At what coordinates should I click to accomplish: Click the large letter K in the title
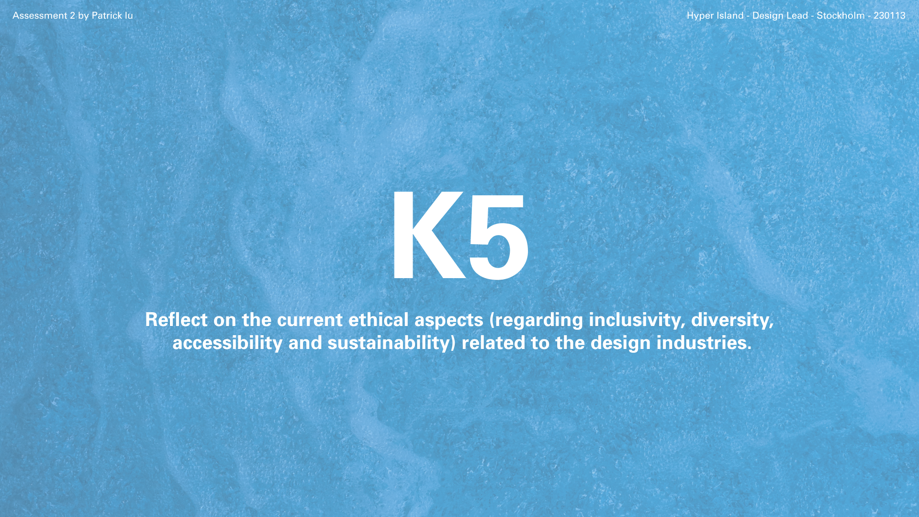click(x=427, y=235)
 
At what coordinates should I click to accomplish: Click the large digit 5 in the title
click(x=499, y=236)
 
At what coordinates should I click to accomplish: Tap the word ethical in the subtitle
click(x=378, y=319)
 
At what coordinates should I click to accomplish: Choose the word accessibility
click(x=227, y=343)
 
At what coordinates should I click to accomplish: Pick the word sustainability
click(x=389, y=343)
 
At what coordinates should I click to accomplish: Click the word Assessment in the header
click(x=40, y=15)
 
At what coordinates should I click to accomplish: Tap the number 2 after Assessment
click(x=73, y=15)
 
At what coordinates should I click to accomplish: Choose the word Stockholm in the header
click(x=841, y=15)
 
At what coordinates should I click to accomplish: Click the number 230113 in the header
click(x=889, y=15)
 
